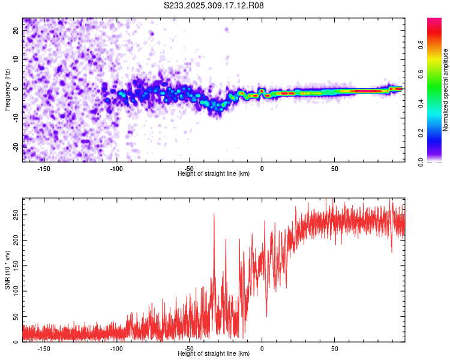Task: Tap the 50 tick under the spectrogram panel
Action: (334, 169)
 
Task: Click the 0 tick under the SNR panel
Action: (262, 349)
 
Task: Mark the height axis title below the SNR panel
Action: (214, 355)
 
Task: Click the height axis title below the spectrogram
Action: (214, 174)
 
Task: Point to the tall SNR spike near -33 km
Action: (214, 215)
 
